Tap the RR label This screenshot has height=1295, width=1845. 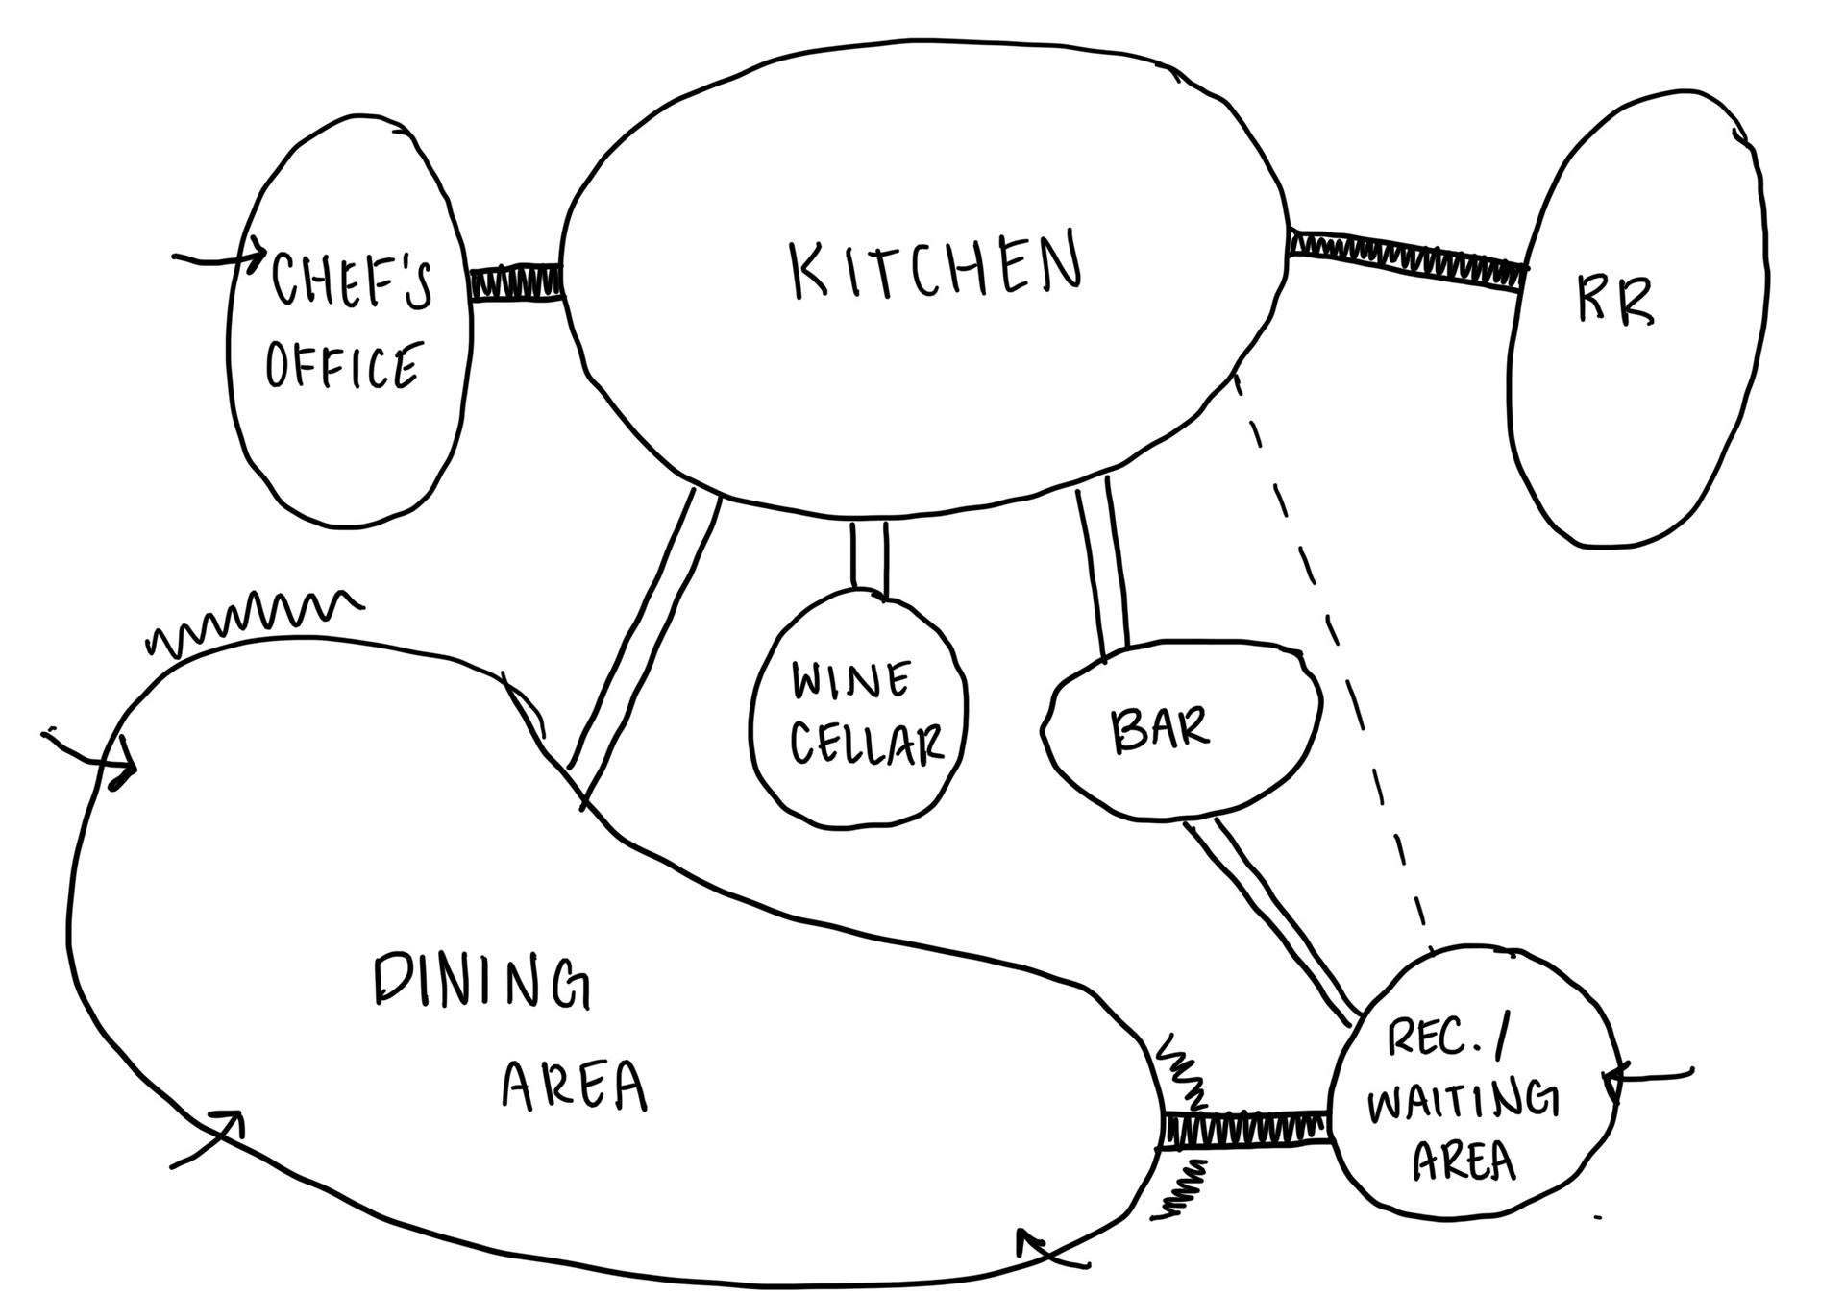[1615, 302]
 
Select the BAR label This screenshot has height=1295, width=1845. [1160, 730]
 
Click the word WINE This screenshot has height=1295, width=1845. [851, 681]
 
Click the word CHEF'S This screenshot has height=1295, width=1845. [351, 281]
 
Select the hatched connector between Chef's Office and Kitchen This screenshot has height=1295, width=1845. [515, 284]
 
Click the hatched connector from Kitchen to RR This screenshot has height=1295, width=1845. [1407, 256]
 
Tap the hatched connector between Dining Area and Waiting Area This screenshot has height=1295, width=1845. [1245, 1129]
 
